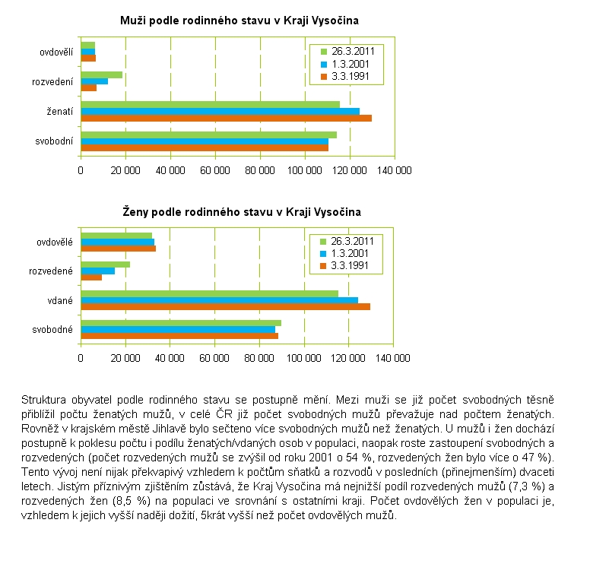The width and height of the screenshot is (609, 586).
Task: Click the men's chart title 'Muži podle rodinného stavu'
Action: tap(239, 21)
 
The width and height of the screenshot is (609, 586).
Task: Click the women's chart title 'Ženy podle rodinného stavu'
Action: tap(242, 211)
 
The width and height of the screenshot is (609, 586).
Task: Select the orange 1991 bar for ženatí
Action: tap(226, 118)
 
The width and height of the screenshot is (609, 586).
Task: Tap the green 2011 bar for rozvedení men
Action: tap(101, 74)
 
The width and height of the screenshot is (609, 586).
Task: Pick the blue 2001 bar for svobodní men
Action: tap(205, 141)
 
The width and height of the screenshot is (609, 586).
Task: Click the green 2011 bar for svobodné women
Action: tap(181, 322)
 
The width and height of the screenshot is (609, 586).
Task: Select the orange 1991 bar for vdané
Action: tap(225, 306)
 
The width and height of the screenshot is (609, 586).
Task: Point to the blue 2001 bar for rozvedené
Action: tap(98, 271)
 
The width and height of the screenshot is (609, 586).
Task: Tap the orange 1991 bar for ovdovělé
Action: tap(118, 249)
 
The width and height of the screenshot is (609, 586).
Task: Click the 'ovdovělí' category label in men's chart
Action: tap(56, 52)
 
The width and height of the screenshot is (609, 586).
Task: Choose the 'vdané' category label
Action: tap(59, 300)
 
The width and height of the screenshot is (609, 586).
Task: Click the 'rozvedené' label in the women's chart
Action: tap(51, 271)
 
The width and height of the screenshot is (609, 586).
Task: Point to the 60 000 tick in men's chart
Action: tap(215, 170)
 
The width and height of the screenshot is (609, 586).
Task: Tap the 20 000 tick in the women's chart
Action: tap(125, 357)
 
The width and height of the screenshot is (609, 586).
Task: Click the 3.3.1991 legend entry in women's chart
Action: tap(350, 265)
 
